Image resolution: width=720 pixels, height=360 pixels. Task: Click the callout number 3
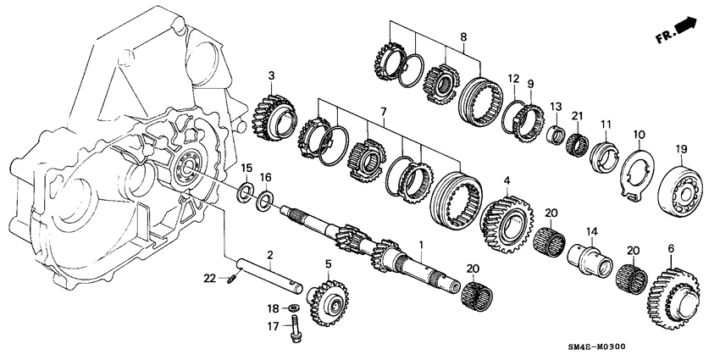point(271,77)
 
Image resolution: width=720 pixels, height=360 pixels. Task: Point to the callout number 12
point(512,79)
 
